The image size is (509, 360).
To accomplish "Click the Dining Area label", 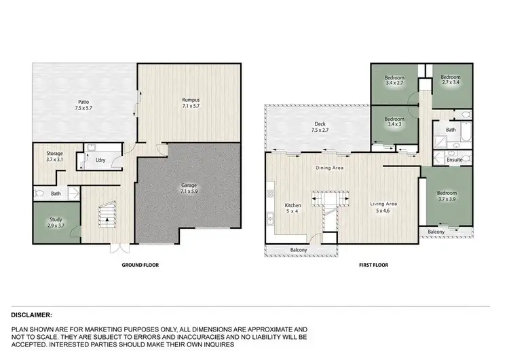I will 329,167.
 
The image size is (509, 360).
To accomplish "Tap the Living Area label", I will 383,206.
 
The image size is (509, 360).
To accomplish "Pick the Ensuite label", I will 455,160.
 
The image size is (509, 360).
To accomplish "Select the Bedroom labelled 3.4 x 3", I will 394,122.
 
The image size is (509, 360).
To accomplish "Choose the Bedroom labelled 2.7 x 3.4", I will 451,80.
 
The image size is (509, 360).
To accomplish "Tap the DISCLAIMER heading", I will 33,315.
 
